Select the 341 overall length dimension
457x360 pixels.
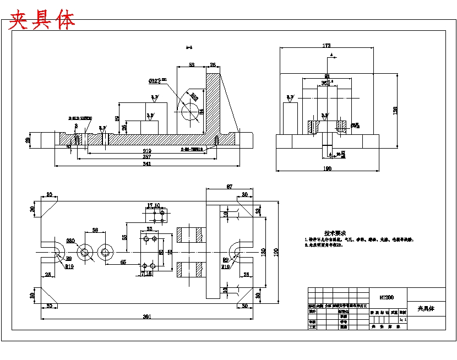(147, 163)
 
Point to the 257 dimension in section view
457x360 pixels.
(147, 157)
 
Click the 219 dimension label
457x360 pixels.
(147, 150)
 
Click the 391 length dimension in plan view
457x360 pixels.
(147, 317)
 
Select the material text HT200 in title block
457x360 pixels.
(387, 297)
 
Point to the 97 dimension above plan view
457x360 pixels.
(230, 187)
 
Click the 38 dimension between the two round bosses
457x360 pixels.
(95, 230)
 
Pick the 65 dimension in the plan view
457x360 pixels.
(123, 263)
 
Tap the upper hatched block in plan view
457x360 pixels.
(190, 233)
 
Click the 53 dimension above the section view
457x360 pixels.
(191, 65)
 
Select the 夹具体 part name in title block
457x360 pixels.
(426, 309)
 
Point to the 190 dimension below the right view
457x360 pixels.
(328, 169)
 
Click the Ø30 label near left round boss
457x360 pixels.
(70, 241)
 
